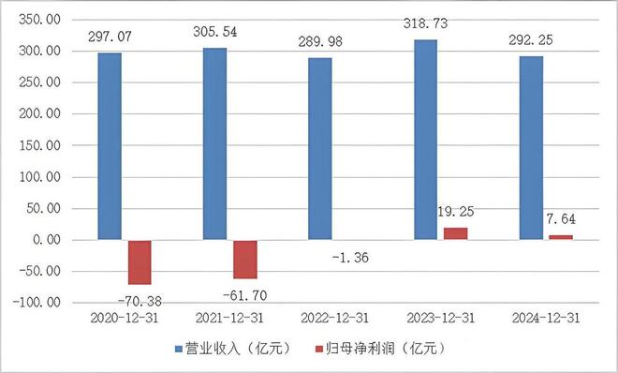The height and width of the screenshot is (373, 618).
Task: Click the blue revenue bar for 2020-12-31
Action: (110, 146)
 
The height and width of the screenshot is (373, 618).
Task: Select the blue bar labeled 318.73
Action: (425, 140)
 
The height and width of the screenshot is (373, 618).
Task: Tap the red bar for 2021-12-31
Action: (245, 259)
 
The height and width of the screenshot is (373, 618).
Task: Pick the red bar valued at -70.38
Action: (140, 261)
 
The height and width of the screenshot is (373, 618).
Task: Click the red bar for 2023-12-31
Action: (455, 233)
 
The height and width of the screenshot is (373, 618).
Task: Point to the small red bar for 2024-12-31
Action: (560, 237)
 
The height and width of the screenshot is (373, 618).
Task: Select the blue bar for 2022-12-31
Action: (320, 148)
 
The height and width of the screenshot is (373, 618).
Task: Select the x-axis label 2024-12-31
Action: (545, 319)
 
